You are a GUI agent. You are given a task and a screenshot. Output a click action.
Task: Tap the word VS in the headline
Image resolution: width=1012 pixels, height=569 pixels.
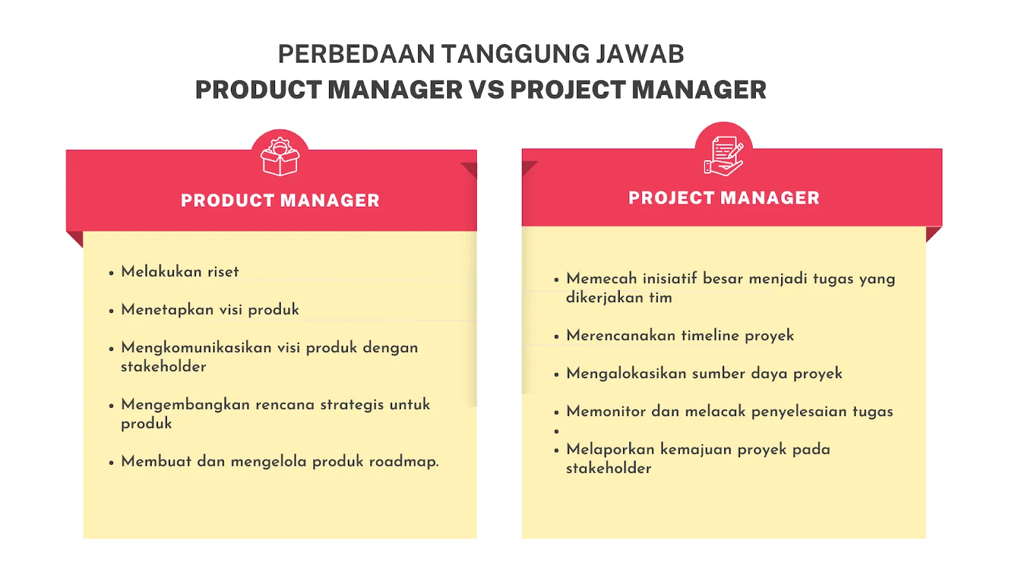click(486, 90)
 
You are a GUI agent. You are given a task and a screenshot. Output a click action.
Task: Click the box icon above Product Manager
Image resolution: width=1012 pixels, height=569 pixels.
click(280, 157)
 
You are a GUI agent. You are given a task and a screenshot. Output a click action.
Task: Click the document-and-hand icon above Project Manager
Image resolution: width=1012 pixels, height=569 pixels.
click(724, 156)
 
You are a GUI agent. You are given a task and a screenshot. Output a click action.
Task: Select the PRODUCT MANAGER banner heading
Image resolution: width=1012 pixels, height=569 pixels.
click(280, 200)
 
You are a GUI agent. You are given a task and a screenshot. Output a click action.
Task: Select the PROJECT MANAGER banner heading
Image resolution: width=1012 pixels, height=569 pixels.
click(724, 198)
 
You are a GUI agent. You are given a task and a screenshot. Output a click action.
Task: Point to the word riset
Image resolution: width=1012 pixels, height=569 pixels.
click(223, 272)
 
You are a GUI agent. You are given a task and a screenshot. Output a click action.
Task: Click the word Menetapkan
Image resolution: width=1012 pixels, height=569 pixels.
click(167, 310)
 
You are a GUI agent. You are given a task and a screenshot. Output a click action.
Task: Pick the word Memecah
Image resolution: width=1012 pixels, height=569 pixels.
click(600, 279)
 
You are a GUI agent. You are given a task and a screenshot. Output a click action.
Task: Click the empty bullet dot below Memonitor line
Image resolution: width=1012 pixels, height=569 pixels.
click(557, 431)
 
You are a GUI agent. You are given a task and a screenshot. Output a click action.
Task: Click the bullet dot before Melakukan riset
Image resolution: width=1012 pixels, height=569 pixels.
click(111, 273)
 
